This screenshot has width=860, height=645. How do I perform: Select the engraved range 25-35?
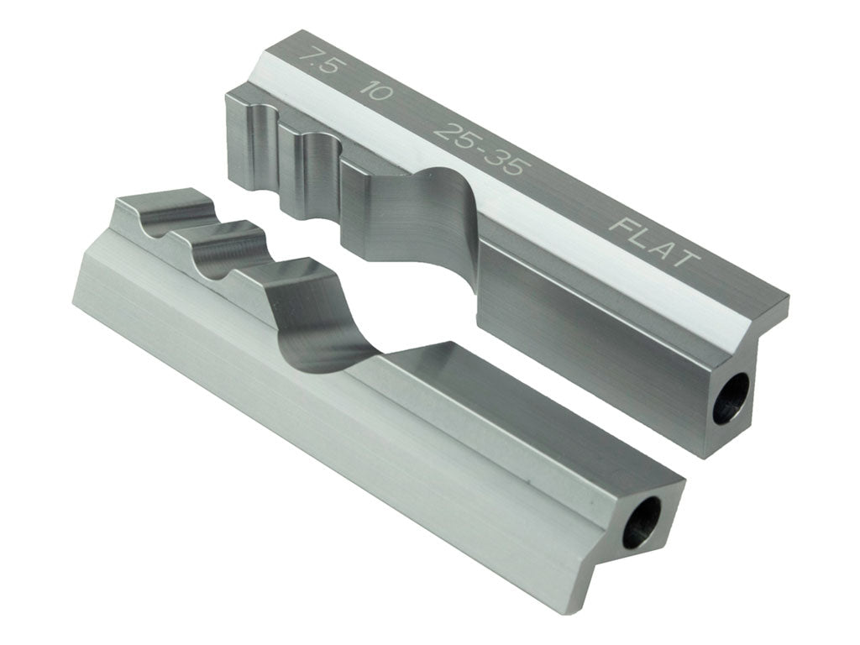[x=477, y=148]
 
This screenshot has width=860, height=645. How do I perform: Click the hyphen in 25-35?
[x=477, y=149]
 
